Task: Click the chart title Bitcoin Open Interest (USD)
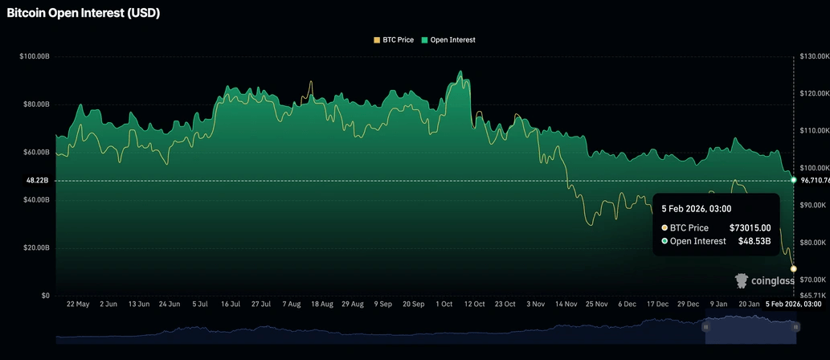(x=84, y=13)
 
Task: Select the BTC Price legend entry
(x=399, y=39)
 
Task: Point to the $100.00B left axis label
(x=35, y=56)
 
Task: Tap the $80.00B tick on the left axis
(x=36, y=104)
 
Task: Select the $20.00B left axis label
(x=36, y=247)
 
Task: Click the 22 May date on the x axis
(x=78, y=305)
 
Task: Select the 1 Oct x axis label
(x=444, y=305)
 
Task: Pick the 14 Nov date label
(x=565, y=305)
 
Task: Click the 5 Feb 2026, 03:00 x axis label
(x=792, y=305)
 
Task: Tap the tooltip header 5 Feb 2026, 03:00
(x=697, y=208)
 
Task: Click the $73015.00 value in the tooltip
(x=750, y=228)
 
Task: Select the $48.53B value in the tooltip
(x=754, y=241)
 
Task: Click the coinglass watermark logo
(x=765, y=280)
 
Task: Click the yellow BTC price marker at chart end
(x=794, y=268)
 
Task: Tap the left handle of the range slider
(x=705, y=327)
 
